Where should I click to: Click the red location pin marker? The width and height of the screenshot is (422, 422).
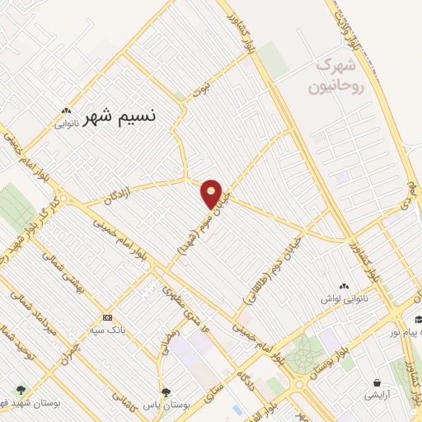[x=212, y=195]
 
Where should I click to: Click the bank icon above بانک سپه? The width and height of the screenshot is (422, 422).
[x=107, y=317]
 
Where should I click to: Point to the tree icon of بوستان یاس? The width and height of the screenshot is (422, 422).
[x=166, y=392]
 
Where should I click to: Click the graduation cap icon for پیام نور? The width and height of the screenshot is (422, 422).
[x=418, y=321]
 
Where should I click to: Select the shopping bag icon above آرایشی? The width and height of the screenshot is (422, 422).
[x=377, y=383]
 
